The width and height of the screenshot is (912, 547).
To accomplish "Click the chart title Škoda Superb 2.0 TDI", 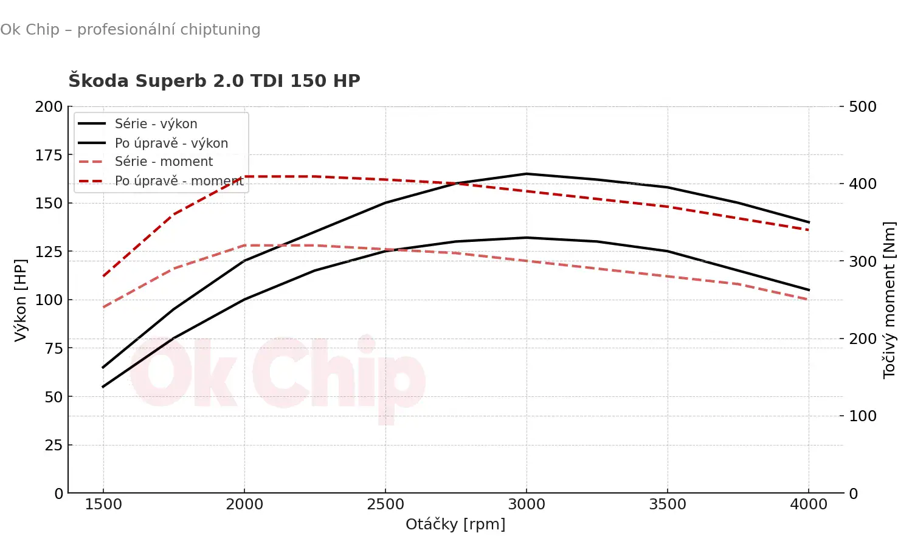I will point(214,81).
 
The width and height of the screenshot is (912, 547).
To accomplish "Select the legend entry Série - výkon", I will point(156,124).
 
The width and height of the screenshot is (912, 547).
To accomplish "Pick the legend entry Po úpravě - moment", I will point(179,181).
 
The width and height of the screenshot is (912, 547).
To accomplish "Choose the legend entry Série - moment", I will point(164,162).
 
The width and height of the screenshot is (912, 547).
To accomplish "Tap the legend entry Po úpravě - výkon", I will point(171,143).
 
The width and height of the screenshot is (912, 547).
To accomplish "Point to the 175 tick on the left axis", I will point(49,155).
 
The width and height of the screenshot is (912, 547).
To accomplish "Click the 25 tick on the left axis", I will point(54,446).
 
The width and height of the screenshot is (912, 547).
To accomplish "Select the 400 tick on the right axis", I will point(862,184).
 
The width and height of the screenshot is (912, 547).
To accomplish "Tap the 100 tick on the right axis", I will point(862,416).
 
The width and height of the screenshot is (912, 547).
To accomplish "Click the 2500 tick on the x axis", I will point(385,504).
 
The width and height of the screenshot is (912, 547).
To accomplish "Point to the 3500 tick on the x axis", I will point(668,504).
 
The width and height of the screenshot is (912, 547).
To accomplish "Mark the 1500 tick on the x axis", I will point(103,504).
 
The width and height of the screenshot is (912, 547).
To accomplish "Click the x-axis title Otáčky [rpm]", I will point(455,524).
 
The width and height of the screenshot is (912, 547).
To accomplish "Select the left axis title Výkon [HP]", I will point(21,300).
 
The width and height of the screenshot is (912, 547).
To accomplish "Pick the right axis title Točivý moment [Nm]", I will point(889,300).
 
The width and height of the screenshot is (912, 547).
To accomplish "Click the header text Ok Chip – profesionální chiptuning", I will point(130,29).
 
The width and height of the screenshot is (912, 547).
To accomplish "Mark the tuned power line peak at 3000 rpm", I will point(527,174).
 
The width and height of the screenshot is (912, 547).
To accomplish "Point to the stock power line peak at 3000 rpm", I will point(527,238).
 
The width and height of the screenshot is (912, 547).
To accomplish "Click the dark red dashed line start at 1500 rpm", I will point(103,276).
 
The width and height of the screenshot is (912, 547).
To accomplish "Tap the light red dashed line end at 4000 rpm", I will point(809,300).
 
